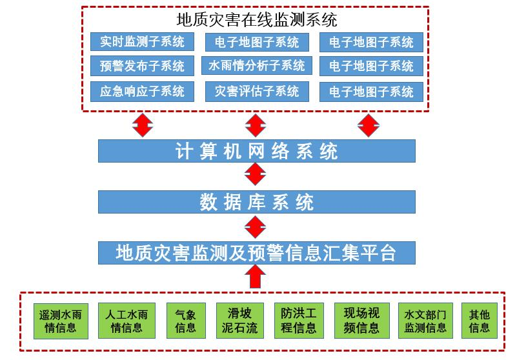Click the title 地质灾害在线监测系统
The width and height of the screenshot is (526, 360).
coord(257,20)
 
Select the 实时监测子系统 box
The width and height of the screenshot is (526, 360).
coord(142,41)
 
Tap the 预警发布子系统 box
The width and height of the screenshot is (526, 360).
coord(142,66)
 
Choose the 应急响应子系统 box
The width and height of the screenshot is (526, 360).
coord(142,91)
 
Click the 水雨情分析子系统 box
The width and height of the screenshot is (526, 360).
coord(257,65)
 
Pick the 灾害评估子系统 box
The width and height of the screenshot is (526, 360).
coord(257,91)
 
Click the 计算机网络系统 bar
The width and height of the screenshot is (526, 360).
coord(257,151)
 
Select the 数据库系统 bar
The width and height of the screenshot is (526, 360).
coord(257,202)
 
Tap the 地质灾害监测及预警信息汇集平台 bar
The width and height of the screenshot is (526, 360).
coord(257,253)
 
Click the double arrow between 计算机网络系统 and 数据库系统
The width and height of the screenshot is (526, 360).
coord(256,174)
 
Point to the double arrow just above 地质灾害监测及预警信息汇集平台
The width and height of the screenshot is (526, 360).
coord(256,227)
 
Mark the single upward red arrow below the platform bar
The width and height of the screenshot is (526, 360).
coord(256,277)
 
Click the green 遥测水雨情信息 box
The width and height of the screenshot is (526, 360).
coord(61,321)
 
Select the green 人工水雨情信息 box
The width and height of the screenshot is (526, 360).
coord(126,321)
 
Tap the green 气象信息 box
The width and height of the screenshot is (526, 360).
coord(186,321)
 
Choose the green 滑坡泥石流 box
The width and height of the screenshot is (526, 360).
coord(240,321)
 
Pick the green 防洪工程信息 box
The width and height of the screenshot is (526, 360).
coord(299,321)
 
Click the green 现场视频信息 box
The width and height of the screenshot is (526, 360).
coord(362,321)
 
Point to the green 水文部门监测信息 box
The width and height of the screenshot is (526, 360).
coord(425,321)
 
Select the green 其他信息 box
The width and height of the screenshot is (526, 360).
coord(480,321)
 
